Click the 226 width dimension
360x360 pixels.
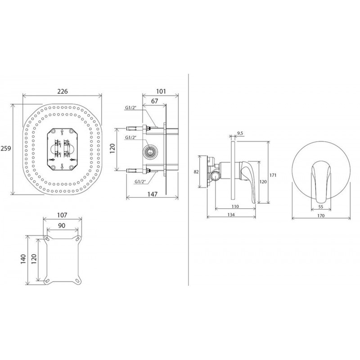[63, 91]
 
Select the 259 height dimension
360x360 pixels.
[6, 148]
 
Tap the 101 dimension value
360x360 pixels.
[161, 91]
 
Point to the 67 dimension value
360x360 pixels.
[154, 101]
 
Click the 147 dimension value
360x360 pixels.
[153, 194]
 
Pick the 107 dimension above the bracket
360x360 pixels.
[62, 215]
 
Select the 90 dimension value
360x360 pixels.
[62, 225]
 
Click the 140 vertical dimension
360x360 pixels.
[24, 260]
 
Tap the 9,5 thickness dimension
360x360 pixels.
[240, 133]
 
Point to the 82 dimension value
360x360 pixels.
[196, 171]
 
